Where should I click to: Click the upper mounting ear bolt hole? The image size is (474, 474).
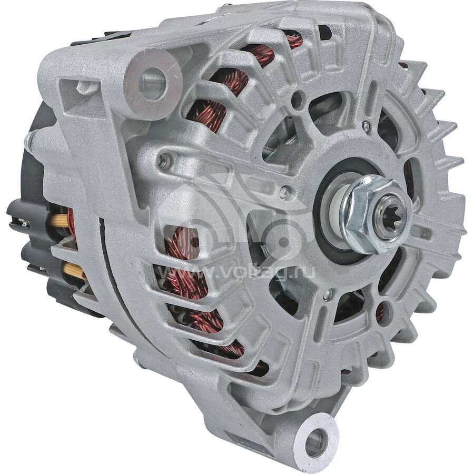[x=153, y=80]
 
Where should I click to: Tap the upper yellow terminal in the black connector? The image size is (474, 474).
[x=59, y=220]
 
